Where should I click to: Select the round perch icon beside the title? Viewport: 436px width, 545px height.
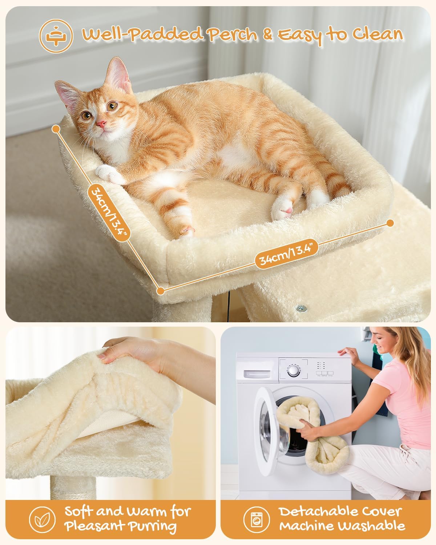point(56,36)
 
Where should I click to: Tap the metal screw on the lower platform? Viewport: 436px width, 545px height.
point(301,308)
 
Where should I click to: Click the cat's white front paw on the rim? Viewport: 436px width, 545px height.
point(109,174)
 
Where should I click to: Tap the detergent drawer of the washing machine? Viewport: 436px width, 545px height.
point(258,374)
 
